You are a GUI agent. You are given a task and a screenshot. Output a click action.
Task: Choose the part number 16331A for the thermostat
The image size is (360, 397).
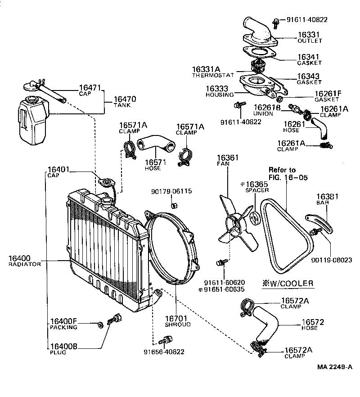pos(206,69)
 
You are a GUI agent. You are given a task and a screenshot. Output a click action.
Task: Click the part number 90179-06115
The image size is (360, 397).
pos(171,191)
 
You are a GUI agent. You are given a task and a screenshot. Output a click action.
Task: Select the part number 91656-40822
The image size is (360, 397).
pos(164,352)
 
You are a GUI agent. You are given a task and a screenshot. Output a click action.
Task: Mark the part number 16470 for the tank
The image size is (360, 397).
pos(125,99)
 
